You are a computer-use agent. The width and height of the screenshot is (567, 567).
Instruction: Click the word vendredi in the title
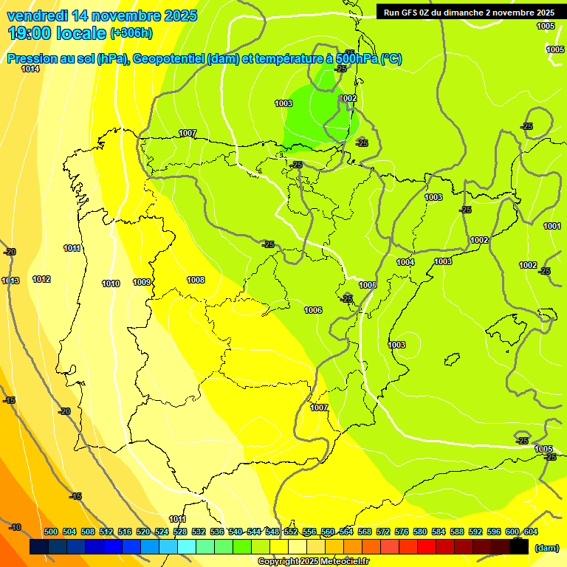38,16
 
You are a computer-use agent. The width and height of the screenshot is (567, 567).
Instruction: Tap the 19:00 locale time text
56,32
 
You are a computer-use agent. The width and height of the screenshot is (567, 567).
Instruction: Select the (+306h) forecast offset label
131,32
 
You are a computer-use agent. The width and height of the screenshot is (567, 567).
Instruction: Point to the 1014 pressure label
30,69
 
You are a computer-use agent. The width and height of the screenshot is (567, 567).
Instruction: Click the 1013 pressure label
10,281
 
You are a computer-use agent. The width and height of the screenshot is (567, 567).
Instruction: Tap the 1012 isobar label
41,280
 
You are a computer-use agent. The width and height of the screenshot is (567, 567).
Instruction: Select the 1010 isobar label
111,283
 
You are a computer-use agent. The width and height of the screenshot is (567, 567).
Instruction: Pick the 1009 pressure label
142,282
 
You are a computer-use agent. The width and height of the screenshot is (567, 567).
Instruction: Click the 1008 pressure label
196,280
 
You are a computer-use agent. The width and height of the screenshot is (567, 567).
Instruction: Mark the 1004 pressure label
405,263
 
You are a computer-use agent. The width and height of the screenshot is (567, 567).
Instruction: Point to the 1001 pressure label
551,226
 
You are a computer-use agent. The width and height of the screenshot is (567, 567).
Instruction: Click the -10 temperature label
16,527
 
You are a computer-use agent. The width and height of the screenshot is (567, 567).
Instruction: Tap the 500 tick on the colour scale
51,532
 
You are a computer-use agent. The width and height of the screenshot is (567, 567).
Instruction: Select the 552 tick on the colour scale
291,532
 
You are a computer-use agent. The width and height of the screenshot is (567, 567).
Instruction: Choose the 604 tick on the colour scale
531,532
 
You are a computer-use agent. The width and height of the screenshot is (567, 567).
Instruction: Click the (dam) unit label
546,548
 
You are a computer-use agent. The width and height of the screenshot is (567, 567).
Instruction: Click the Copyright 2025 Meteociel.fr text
313,562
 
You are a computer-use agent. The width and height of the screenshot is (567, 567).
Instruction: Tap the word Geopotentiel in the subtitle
168,59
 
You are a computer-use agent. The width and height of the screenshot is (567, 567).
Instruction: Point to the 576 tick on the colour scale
402,532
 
